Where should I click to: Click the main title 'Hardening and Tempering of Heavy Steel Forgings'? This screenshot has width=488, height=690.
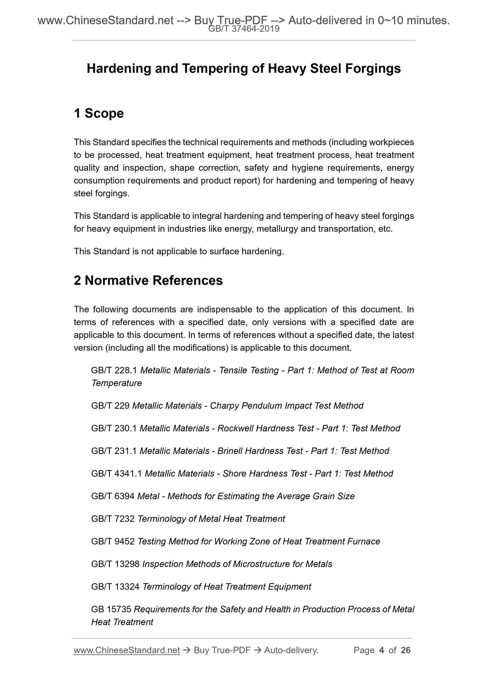coord(243,69)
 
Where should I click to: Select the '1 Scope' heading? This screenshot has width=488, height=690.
coord(99,113)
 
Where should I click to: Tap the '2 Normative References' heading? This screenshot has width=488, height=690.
coord(148,281)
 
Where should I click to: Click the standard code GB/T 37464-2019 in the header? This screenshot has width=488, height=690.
coord(243,29)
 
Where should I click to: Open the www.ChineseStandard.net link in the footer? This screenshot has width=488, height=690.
coord(127,650)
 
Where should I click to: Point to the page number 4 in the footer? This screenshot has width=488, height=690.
coord(382,650)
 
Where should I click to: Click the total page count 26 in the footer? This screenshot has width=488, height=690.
coord(405,650)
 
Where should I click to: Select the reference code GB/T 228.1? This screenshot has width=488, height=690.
coord(114,370)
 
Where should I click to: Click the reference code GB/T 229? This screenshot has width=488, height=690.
coord(110,406)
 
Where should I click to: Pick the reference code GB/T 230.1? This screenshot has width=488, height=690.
coord(114,428)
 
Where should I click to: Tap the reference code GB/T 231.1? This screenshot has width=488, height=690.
coord(114,451)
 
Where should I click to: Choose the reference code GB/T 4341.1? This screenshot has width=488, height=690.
coord(116,474)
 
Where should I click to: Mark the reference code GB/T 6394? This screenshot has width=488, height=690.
coord(113,496)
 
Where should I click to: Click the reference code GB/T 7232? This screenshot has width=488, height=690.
coord(113,519)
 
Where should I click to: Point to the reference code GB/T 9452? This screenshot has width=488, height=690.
coord(113,541)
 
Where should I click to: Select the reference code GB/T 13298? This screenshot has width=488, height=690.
coord(115,564)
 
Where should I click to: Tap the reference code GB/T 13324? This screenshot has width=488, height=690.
coord(115,587)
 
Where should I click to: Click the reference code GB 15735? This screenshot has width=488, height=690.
coord(111,609)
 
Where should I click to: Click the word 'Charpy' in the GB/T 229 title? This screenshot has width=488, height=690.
coord(223,406)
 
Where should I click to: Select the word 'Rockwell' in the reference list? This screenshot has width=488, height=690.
coord(235,428)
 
